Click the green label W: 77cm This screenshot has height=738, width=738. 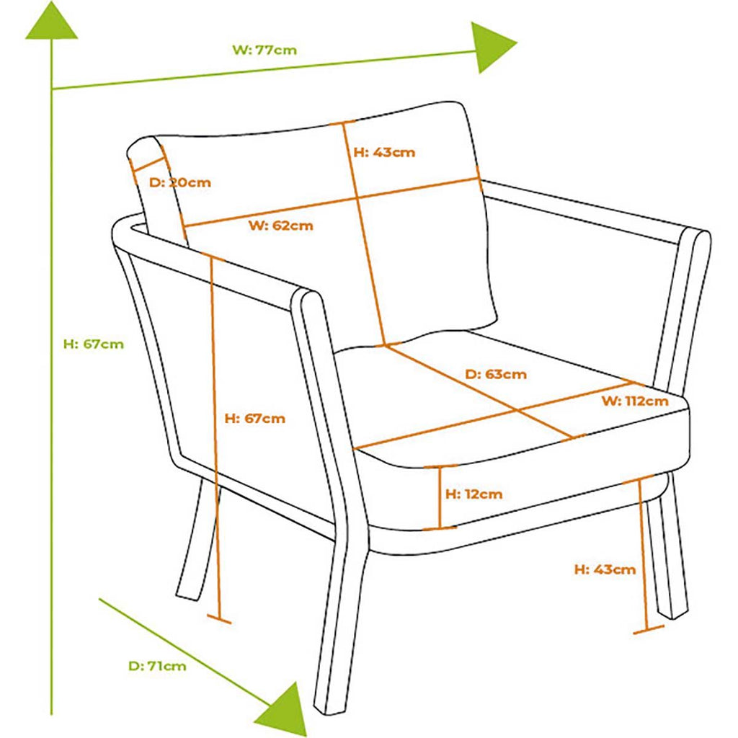click(264, 50)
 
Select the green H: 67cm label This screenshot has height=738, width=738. click(94, 344)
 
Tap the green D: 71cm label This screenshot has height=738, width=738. click(157, 666)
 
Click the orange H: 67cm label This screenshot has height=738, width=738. click(254, 419)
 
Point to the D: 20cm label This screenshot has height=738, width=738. click(179, 182)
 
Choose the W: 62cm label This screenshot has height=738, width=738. click(281, 226)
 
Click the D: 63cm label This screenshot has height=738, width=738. click(496, 375)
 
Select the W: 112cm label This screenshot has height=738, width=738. click(635, 401)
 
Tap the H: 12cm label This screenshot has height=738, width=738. click(474, 494)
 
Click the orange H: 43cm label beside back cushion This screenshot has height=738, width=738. click(385, 153)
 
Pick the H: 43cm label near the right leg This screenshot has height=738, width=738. click(605, 569)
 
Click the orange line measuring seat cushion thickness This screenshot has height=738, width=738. click(440, 497)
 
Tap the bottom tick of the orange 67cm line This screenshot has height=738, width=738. click(219, 619)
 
